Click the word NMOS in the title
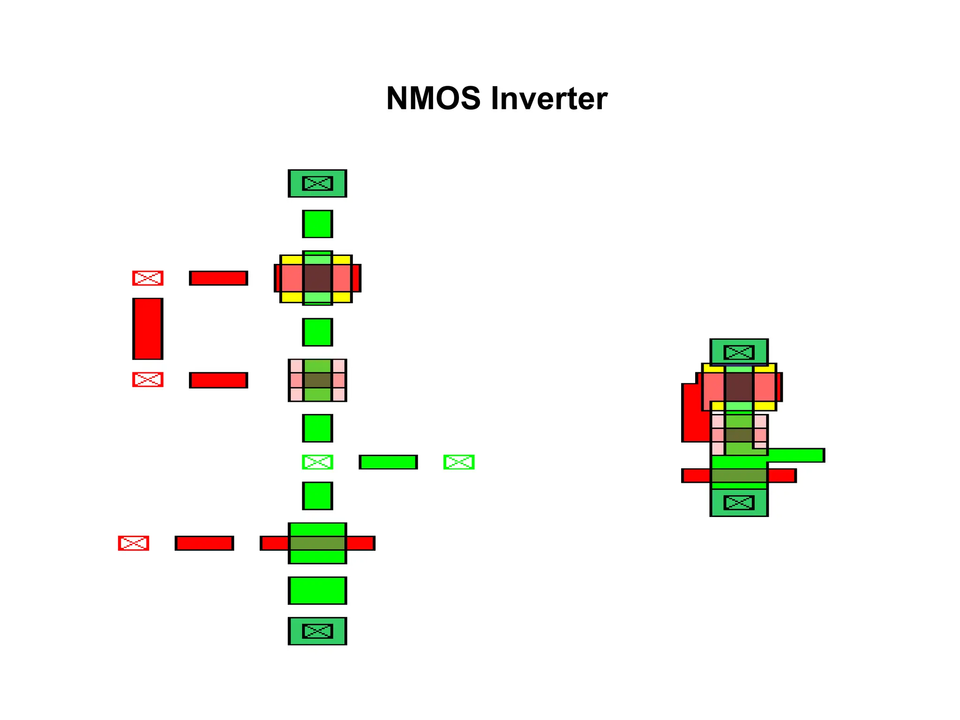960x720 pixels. [x=433, y=98]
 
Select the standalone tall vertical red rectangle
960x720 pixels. [x=148, y=329]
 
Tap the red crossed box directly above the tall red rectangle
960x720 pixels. [x=148, y=278]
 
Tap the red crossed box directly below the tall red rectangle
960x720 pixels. [x=148, y=379]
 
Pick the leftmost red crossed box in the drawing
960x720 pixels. [x=134, y=543]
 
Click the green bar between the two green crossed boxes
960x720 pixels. [x=388, y=462]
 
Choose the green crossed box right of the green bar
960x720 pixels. [x=459, y=462]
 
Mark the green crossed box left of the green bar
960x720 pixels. [x=317, y=462]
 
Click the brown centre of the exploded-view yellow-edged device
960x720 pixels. [x=317, y=278]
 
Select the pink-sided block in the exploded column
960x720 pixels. [x=317, y=380]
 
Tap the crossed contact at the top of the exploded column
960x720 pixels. [x=317, y=183]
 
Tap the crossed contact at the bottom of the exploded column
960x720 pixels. [x=317, y=631]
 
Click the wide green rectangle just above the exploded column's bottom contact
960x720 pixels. [x=317, y=591]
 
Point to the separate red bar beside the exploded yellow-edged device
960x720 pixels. [x=218, y=278]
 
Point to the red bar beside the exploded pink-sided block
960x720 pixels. [x=218, y=380]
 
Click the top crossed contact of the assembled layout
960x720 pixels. [x=739, y=352]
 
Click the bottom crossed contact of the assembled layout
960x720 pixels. [x=739, y=502]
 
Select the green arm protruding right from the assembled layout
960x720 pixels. [x=797, y=455]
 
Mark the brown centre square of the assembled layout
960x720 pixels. [x=739, y=387]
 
